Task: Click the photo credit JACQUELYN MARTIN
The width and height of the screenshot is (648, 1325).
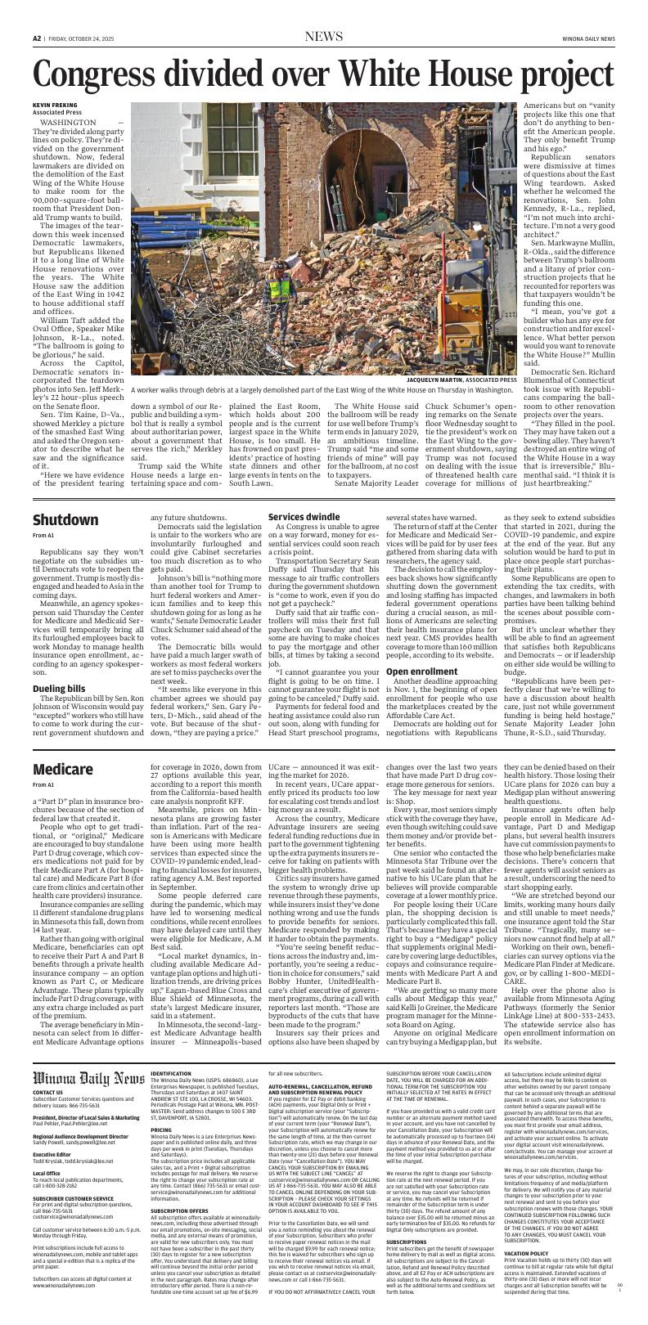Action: [443, 380]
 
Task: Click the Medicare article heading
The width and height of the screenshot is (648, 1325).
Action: [63, 748]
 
